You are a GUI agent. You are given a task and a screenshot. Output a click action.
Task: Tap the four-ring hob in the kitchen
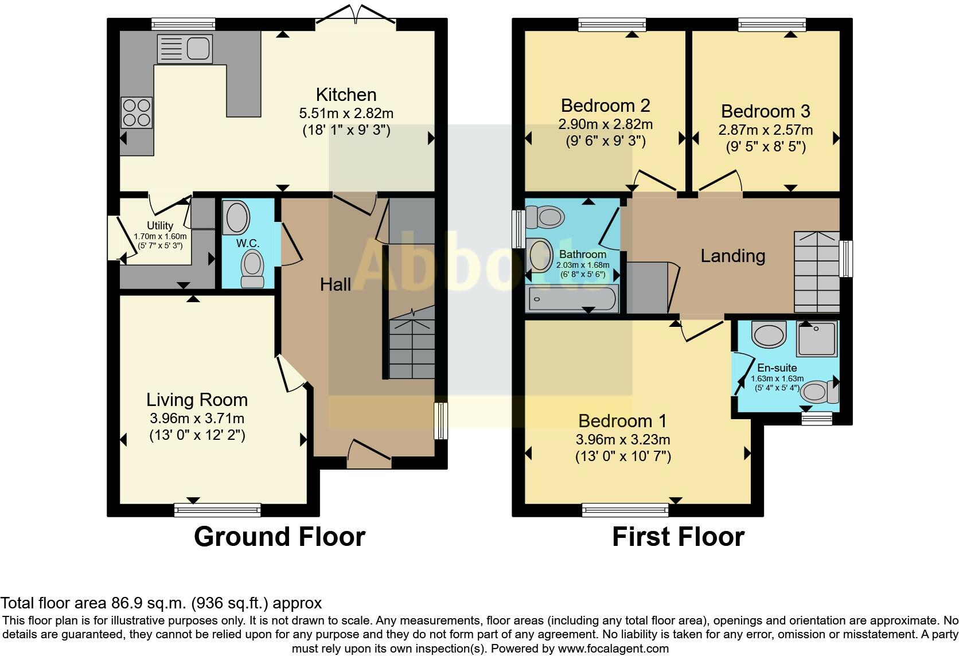[137, 112]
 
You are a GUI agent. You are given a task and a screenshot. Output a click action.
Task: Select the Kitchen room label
[346, 95]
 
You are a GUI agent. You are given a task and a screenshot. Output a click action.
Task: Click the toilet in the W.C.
[251, 270]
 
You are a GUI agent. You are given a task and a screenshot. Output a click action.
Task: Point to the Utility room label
[159, 226]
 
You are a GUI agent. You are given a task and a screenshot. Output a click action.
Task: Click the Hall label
[335, 284]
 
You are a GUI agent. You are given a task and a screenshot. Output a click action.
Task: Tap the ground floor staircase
[411, 347]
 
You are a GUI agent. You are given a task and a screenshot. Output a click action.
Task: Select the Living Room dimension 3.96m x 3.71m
[197, 419]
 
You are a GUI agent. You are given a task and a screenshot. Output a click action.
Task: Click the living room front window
[217, 510]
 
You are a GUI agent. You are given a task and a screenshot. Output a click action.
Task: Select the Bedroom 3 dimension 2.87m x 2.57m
[765, 130]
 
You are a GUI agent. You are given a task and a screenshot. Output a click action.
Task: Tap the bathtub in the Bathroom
[572, 299]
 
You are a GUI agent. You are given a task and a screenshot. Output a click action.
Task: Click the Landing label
[732, 256]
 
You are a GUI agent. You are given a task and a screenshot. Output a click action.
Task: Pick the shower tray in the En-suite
[816, 338]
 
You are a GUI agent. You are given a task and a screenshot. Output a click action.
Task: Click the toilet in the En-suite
[819, 392]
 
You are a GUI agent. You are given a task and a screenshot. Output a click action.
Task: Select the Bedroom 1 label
[622, 421]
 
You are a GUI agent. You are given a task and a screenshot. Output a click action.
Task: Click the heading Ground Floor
[279, 537]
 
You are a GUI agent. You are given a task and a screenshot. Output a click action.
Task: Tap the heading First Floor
[678, 537]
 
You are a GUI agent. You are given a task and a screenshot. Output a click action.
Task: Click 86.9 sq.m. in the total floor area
[147, 603]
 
